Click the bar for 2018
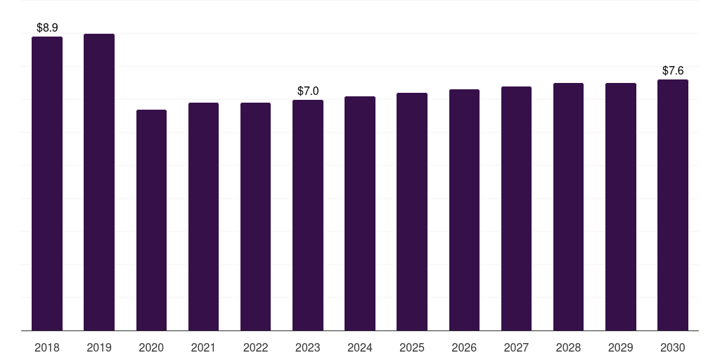[x=47, y=184]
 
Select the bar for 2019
[x=99, y=182]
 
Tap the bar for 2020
[x=152, y=220]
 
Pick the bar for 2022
[x=255, y=217]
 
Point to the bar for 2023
[x=308, y=215]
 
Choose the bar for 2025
[x=412, y=212]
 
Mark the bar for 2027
[x=516, y=208]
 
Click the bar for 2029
[x=621, y=207]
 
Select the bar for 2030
[x=673, y=205]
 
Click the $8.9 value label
[x=47, y=27]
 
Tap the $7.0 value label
[x=308, y=91]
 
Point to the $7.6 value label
[x=673, y=71]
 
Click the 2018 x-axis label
[x=47, y=347]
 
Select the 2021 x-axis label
[x=203, y=347]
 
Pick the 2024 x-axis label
[x=360, y=347]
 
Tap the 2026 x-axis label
[x=464, y=347]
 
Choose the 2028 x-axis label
[x=568, y=347]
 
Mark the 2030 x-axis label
[x=673, y=347]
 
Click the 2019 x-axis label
[x=99, y=347]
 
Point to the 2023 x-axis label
[x=308, y=347]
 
